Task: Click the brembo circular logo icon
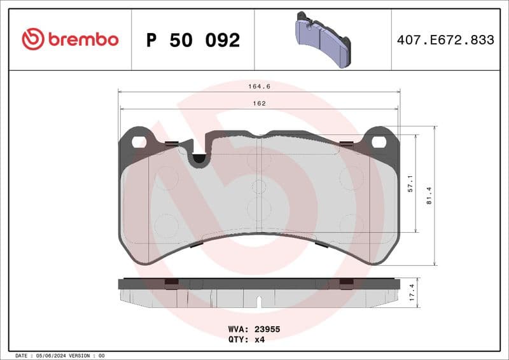click(32, 39)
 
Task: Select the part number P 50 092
click(193, 40)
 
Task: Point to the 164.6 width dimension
click(258, 87)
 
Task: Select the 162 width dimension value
click(258, 103)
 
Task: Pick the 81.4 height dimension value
click(430, 195)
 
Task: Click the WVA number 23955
click(267, 330)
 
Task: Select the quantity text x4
click(259, 340)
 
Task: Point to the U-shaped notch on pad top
click(200, 157)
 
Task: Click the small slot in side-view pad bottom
click(258, 301)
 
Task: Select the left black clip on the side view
click(172, 284)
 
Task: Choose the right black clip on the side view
click(346, 284)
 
